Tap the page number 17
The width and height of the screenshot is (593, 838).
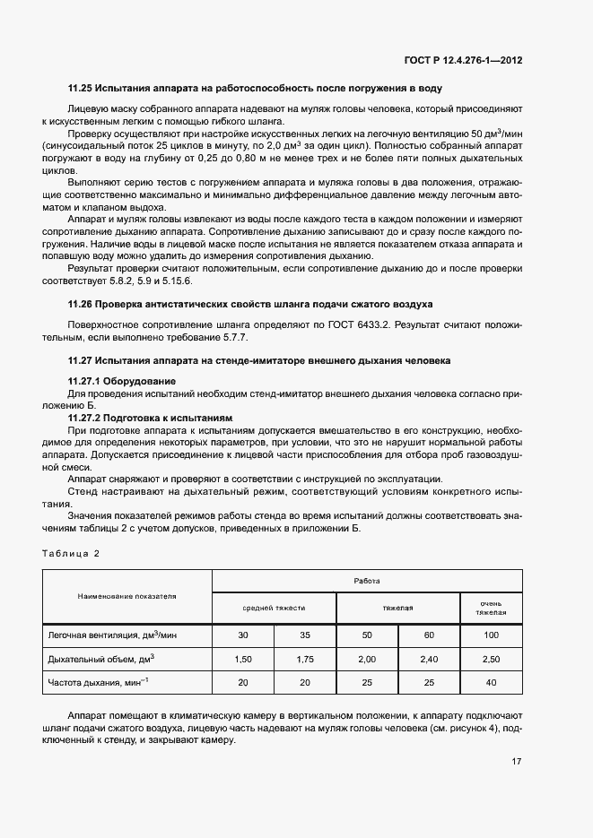pyautogui.click(x=517, y=763)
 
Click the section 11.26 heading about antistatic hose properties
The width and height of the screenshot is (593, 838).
pyautogui.click(x=250, y=305)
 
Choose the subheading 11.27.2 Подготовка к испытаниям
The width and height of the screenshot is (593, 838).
pyautogui.click(x=150, y=418)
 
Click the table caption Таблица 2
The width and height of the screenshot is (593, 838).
pyautogui.click(x=71, y=553)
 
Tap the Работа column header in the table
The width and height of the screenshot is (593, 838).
pyautogui.click(x=366, y=581)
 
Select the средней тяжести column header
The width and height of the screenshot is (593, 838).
pyautogui.click(x=274, y=608)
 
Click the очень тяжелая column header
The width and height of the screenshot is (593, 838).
pyautogui.click(x=491, y=608)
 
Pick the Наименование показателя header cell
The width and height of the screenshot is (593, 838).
pyautogui.click(x=126, y=594)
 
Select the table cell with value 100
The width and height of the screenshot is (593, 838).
pyautogui.click(x=491, y=635)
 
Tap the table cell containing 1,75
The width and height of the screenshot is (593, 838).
pyautogui.click(x=304, y=660)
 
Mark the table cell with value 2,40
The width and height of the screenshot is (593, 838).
pyautogui.click(x=429, y=660)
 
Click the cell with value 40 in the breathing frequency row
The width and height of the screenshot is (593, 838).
pyautogui.click(x=491, y=684)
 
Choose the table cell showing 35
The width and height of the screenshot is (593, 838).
pyautogui.click(x=304, y=635)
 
